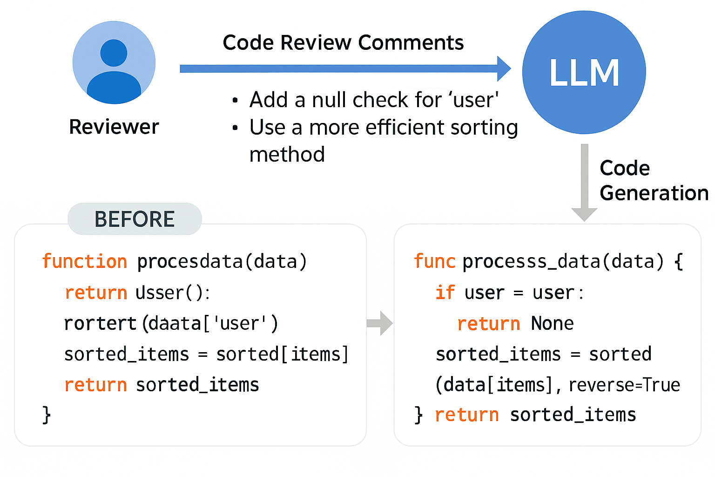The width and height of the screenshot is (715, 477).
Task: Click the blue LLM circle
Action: [x=584, y=73]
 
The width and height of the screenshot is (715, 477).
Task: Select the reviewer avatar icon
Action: [x=114, y=62]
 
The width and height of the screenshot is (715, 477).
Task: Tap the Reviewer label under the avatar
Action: [x=114, y=127]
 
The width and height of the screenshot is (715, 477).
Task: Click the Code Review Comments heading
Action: [x=343, y=43]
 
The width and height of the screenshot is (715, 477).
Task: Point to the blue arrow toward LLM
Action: [x=344, y=69]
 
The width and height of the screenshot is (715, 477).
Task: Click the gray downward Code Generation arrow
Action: [x=584, y=182]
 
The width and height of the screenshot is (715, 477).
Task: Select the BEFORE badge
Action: [x=135, y=219]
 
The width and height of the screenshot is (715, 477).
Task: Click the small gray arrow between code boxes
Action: [x=380, y=323]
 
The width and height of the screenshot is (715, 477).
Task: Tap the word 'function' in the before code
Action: [x=84, y=261]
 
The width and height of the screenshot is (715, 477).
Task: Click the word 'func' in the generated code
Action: [x=434, y=261]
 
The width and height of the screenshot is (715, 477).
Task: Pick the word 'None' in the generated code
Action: [x=552, y=323]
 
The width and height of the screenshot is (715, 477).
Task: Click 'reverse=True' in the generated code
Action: [x=624, y=385]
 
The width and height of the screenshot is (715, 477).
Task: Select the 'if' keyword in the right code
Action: [x=445, y=293]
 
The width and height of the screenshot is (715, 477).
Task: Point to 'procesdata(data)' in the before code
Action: [x=222, y=261]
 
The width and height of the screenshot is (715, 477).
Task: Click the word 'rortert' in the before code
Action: [x=100, y=323]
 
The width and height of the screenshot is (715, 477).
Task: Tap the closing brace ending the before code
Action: [x=47, y=414]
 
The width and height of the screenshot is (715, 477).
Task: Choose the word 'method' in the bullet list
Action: [x=287, y=154]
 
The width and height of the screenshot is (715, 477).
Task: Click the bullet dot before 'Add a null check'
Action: [x=235, y=101]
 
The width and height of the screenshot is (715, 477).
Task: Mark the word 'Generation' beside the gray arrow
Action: [x=654, y=193]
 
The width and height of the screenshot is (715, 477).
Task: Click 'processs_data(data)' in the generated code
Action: [x=563, y=261]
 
